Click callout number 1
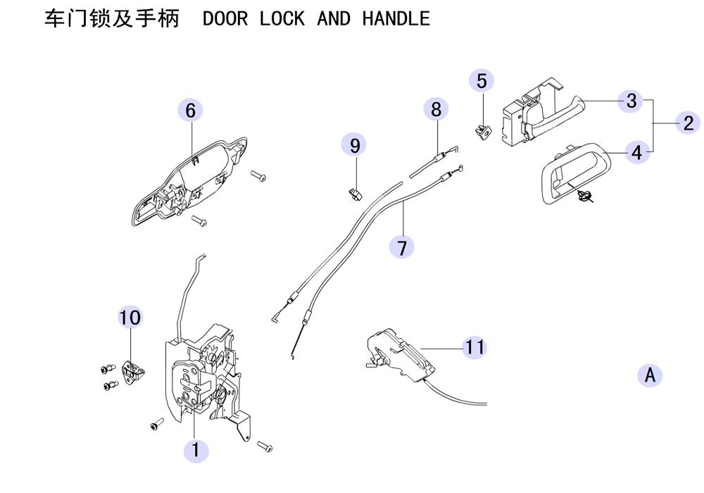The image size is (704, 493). tap(196, 450)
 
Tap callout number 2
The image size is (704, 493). tap(688, 123)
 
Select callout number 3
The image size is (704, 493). tap(631, 101)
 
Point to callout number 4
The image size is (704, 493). tap(636, 152)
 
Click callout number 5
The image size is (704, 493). tap(482, 81)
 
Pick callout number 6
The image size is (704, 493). tap(190, 111)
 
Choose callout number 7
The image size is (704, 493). tap(402, 247)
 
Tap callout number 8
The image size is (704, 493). tap(436, 109)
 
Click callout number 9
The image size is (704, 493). tap(354, 146)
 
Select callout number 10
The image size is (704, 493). tap(130, 317)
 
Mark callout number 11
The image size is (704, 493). tap(475, 347)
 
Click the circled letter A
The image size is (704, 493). tap(650, 375)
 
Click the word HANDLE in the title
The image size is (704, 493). tap(396, 18)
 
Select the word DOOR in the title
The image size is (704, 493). tap(225, 18)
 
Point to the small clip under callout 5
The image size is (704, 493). tap(483, 132)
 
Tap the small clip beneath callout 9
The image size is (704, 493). tap(355, 194)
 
